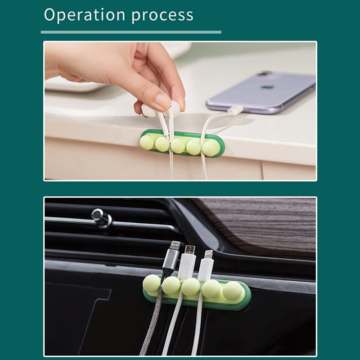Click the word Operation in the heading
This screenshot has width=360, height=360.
(x=85, y=15)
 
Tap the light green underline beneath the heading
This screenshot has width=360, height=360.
(x=131, y=32)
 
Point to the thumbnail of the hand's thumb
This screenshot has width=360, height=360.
(x=162, y=100)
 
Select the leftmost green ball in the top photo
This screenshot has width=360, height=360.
(x=147, y=142)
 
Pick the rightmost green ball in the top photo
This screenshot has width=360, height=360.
(x=210, y=148)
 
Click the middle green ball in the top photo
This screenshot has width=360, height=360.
(x=178, y=146)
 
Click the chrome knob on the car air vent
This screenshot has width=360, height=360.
(x=101, y=218)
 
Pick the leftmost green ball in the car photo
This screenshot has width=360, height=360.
(x=152, y=283)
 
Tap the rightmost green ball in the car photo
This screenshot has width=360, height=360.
(x=232, y=290)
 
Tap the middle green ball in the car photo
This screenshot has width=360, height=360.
(x=191, y=287)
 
